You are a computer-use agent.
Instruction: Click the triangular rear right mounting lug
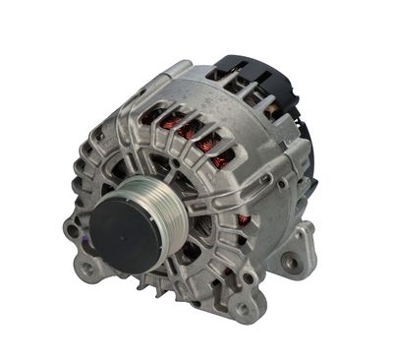[295, 254]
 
